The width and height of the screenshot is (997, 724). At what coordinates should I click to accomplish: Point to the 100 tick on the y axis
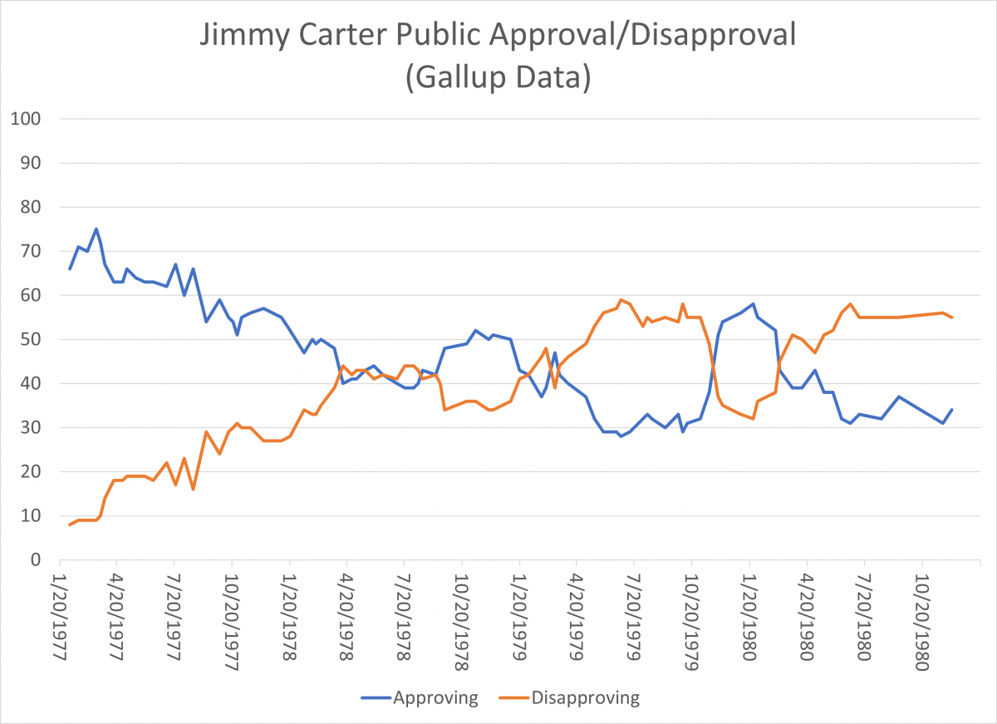(x=28, y=119)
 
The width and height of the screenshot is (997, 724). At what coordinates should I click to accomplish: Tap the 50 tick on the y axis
(x=33, y=339)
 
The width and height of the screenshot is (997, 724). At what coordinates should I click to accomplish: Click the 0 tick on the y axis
(x=37, y=559)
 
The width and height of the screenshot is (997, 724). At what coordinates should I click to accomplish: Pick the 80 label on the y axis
(x=33, y=207)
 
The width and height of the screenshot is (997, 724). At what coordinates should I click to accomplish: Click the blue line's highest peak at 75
(x=96, y=229)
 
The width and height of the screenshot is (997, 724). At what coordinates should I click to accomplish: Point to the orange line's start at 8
(x=70, y=525)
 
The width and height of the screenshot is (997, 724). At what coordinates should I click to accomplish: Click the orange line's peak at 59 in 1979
(x=621, y=300)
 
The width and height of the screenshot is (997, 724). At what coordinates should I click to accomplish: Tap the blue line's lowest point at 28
(x=621, y=436)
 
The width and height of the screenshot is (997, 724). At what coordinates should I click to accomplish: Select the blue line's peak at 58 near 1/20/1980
(x=753, y=304)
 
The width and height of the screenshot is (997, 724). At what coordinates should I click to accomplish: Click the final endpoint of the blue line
(x=952, y=410)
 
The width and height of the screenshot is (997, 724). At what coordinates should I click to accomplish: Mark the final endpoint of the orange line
(x=952, y=318)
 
